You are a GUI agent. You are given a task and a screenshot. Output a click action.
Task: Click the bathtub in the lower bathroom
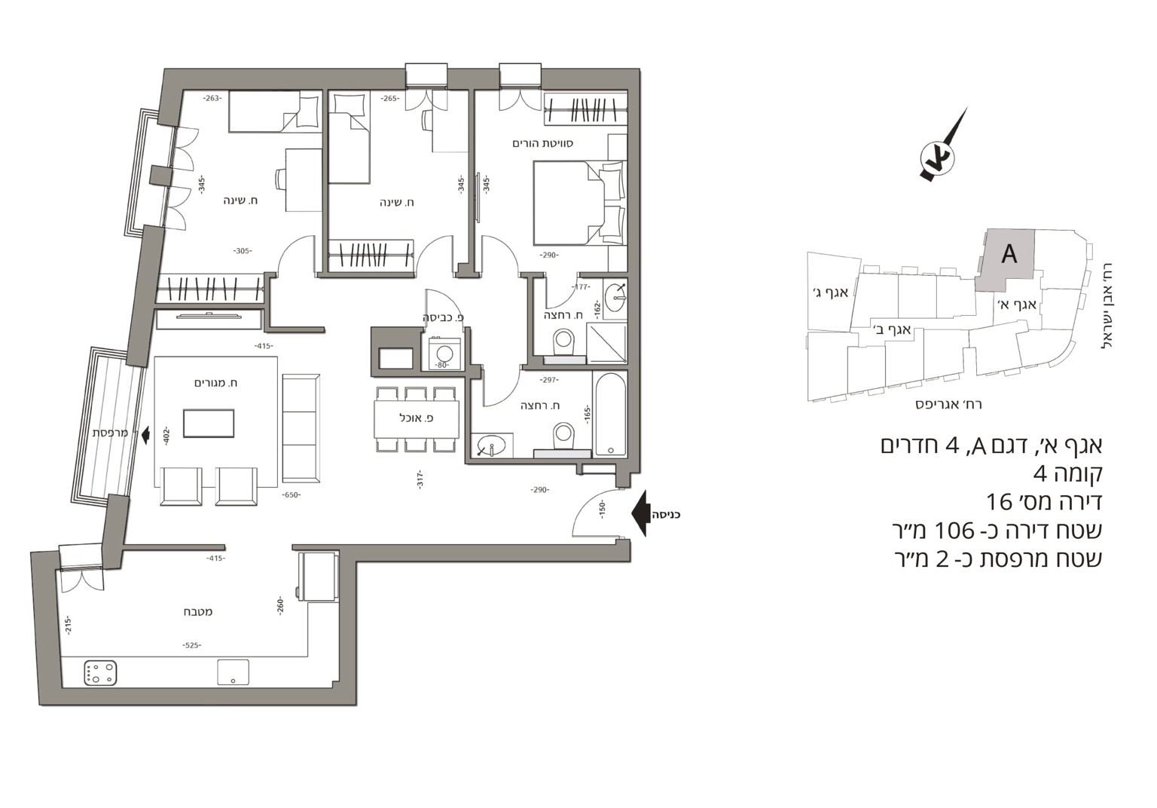point(610,414)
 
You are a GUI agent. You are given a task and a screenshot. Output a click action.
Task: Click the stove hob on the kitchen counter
point(100,672)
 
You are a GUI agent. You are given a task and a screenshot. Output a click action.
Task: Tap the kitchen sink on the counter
point(233,672)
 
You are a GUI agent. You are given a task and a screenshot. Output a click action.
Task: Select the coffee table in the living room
point(209,424)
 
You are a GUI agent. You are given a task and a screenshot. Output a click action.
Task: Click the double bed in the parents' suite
point(579,202)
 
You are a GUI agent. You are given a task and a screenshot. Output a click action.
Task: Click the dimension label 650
point(292,494)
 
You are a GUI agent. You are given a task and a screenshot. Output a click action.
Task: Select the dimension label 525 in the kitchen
point(191,645)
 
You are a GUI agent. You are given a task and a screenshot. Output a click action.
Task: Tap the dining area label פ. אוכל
point(417,418)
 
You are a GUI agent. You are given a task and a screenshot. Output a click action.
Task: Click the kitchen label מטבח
point(198,611)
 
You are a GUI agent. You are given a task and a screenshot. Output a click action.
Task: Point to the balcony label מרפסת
point(110,433)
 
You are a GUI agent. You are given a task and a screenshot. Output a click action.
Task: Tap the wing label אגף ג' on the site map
point(831,292)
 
